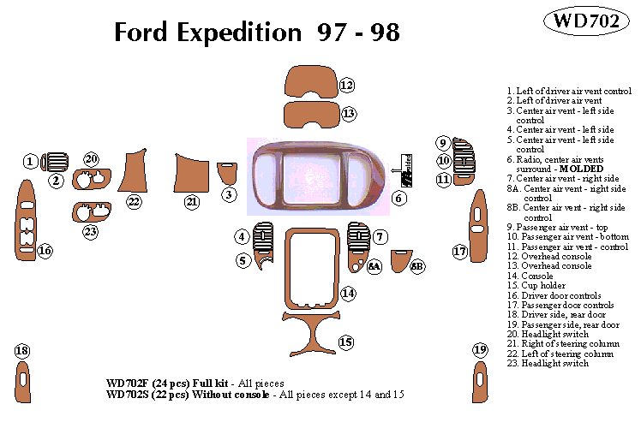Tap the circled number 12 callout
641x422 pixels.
[x=346, y=85]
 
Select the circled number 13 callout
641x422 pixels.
[x=347, y=112]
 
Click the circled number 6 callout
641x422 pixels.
[x=398, y=199]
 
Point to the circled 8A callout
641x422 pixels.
[x=374, y=266]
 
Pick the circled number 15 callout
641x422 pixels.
[x=345, y=342]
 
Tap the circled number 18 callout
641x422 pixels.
[x=22, y=351]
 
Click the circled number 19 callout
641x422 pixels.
[x=479, y=349]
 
